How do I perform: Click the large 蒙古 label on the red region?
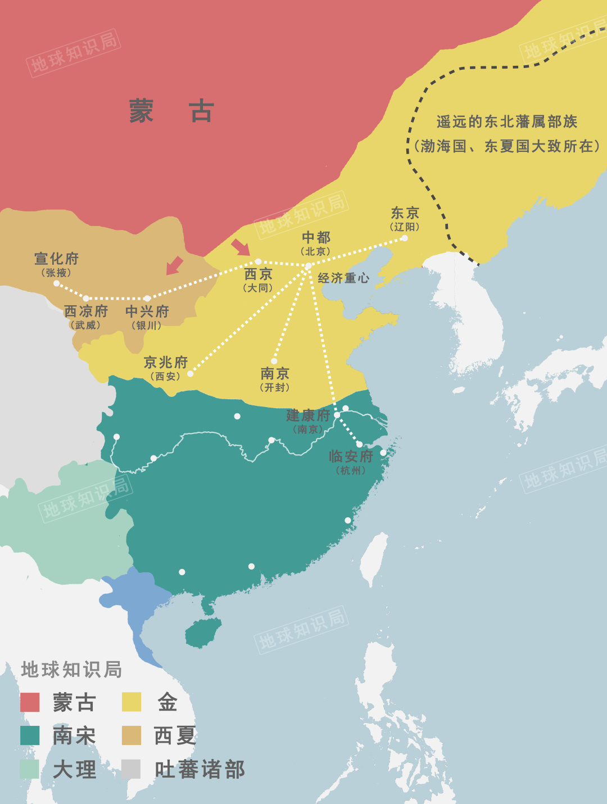click(x=171, y=111)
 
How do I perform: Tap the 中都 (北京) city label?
click(x=316, y=242)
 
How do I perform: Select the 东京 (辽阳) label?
click(x=405, y=218)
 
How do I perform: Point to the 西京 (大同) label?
click(x=259, y=279)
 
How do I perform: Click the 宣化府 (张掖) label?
click(x=56, y=264)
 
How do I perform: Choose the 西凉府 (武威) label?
click(x=85, y=317)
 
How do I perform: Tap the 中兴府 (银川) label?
click(x=147, y=317)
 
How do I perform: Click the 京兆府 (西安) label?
click(x=165, y=368)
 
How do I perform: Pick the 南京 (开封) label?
click(x=275, y=379)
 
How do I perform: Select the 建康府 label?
click(x=308, y=416)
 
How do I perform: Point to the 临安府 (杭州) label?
click(x=351, y=461)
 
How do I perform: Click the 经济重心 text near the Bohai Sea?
click(x=343, y=278)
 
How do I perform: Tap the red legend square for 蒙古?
click(x=30, y=702)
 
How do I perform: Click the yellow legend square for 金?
click(x=132, y=702)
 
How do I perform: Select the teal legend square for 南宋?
click(x=30, y=735)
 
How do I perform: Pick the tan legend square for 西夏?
click(x=132, y=735)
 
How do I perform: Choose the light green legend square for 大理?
click(x=30, y=769)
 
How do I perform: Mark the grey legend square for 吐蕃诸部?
click(x=132, y=769)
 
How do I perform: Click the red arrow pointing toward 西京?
click(x=241, y=247)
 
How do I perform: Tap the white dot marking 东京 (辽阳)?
click(x=404, y=238)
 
